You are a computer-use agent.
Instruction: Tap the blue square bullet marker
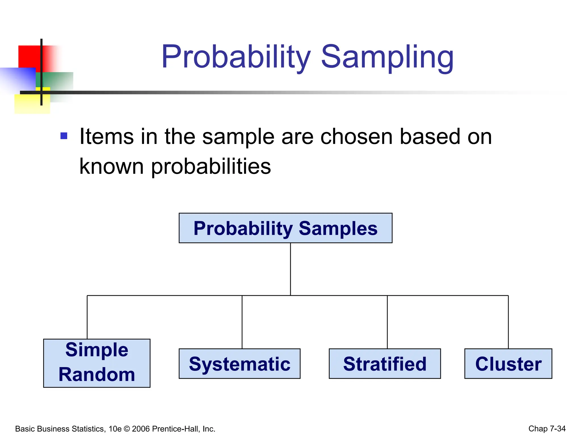point(64,136)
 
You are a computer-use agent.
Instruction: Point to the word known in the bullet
point(111,166)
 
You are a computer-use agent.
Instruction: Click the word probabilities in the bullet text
point(211,167)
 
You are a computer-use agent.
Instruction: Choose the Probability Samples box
point(285,228)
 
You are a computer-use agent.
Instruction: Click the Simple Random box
point(97,363)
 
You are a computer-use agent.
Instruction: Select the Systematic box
point(239,364)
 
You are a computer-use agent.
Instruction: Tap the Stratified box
point(385,364)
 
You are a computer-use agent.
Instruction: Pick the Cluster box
point(508,364)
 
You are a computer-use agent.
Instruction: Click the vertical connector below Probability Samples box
point(290,269)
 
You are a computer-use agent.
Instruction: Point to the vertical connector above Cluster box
point(508,322)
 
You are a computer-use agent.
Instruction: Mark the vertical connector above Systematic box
point(242,322)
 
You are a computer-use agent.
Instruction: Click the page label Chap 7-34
point(547,429)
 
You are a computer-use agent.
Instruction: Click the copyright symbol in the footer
point(127,429)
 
